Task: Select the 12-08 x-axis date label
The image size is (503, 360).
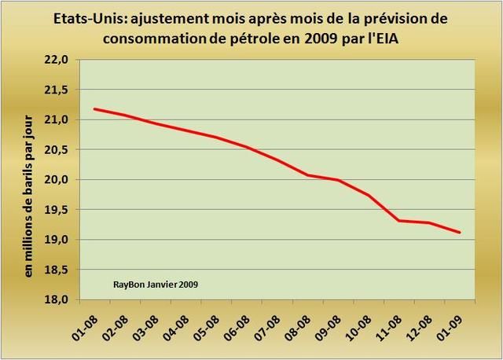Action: (x=420, y=323)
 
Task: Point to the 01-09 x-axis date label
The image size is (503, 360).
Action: (x=450, y=323)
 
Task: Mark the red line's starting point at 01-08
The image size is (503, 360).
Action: (x=94, y=109)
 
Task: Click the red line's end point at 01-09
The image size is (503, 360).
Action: (x=460, y=232)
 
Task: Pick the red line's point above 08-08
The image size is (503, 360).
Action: (x=307, y=174)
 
